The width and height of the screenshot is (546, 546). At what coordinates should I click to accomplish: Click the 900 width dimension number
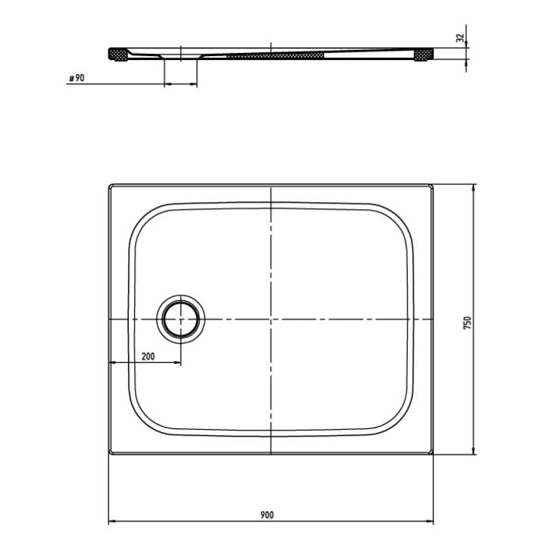coord(266,514)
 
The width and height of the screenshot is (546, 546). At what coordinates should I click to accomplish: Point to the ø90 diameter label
coord(76,79)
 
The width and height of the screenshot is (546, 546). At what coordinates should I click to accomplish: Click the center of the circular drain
coord(181,320)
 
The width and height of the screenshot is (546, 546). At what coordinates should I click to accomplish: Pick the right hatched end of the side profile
coord(424,54)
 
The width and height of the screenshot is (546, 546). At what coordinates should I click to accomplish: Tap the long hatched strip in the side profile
coord(275,55)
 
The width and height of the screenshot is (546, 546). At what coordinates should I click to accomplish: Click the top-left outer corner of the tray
coord(108,185)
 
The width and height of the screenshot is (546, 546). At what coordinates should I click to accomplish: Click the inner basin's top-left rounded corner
coord(140,218)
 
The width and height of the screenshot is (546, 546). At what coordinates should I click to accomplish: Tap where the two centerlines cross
coord(270,320)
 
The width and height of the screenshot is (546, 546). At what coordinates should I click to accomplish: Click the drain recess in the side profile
coord(181,58)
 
